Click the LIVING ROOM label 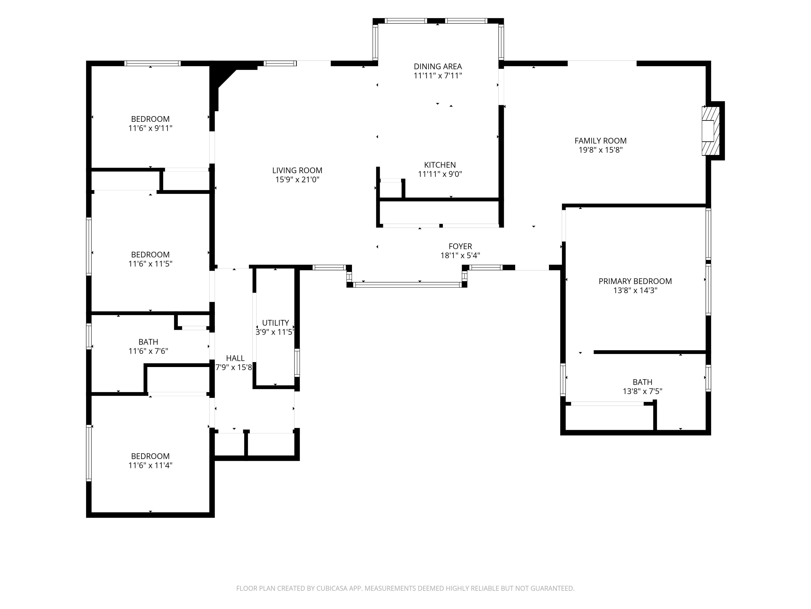(x=297, y=170)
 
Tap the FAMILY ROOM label (x=601, y=140)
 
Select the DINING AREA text (x=438, y=66)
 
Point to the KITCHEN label (x=440, y=165)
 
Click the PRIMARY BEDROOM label (x=635, y=281)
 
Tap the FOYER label (x=460, y=246)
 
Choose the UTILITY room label (x=275, y=323)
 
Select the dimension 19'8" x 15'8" (x=601, y=150)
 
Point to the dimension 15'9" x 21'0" (x=297, y=179)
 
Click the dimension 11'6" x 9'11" (x=150, y=128)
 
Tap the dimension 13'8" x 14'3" (x=635, y=290)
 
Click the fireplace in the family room (x=710, y=131)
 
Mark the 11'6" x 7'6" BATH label (x=148, y=342)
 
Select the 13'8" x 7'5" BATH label (x=642, y=382)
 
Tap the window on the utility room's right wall (x=297, y=363)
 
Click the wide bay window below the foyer (x=407, y=284)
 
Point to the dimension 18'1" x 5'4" (x=460, y=256)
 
